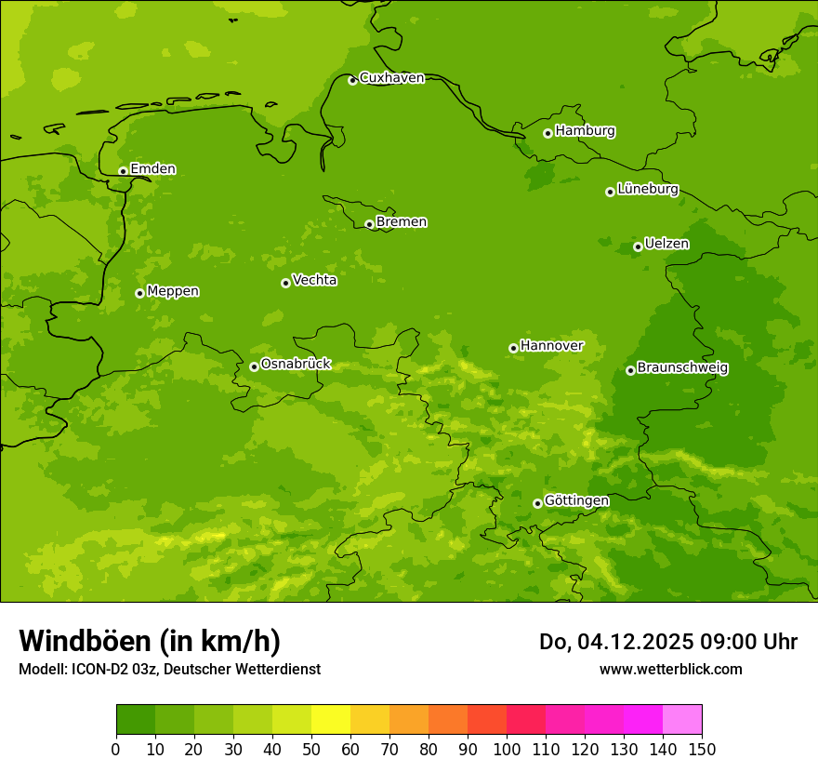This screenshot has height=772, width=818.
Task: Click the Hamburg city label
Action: (x=585, y=131)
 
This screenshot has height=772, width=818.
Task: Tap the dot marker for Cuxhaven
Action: (x=352, y=80)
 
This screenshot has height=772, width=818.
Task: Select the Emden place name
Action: (x=152, y=169)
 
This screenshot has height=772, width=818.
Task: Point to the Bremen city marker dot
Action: (x=369, y=224)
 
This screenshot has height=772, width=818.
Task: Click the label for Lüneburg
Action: (x=647, y=189)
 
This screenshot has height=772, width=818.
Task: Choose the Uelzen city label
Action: (x=666, y=244)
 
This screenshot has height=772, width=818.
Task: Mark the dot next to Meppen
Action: (x=139, y=293)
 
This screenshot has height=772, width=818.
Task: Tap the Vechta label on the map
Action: (x=314, y=280)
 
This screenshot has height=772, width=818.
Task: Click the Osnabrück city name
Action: (x=296, y=364)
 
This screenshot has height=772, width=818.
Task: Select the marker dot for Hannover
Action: (x=513, y=348)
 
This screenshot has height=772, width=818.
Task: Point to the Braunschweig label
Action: (x=682, y=368)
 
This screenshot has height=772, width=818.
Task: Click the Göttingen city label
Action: (x=576, y=500)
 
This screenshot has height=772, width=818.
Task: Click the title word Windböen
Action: (x=85, y=641)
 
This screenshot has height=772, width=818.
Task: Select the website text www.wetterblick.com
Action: (x=670, y=669)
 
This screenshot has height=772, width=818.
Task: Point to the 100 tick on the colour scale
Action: (x=507, y=749)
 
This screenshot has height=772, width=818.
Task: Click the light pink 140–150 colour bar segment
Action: (x=682, y=720)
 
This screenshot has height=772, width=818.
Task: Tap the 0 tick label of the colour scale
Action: (x=116, y=749)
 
